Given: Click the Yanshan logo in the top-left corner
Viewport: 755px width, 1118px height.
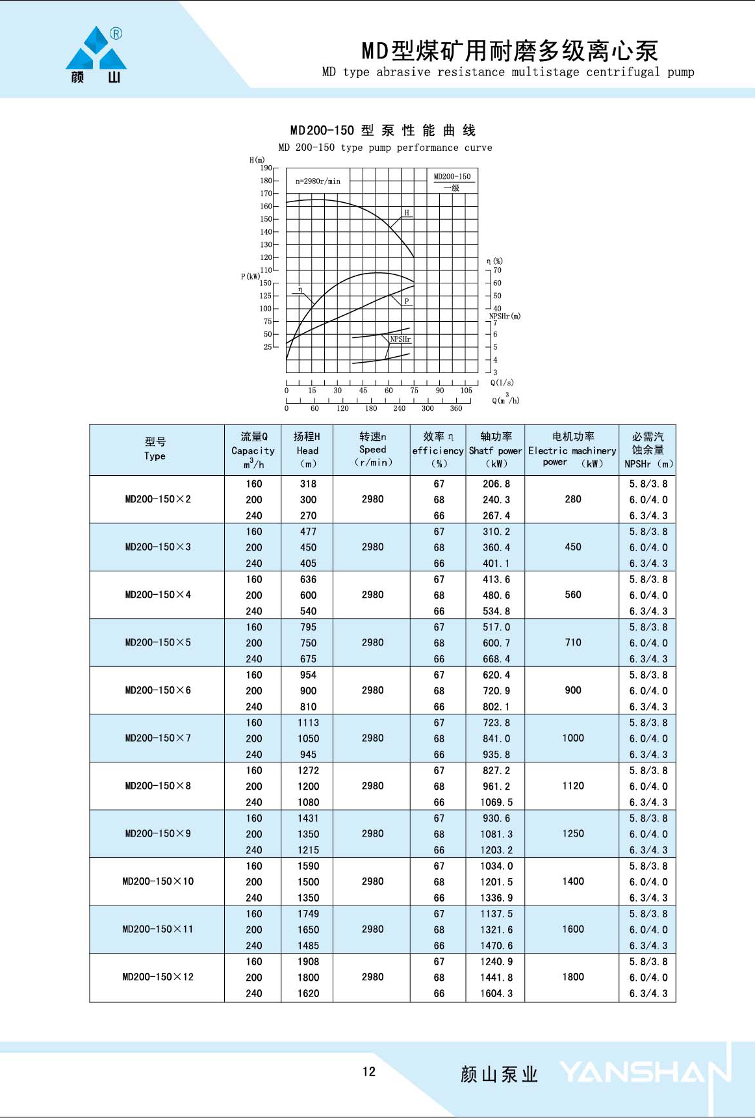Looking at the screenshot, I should pos(96,55).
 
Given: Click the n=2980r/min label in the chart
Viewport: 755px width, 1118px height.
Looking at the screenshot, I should pos(318,181).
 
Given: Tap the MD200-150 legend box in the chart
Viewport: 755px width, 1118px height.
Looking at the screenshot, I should pos(453,181).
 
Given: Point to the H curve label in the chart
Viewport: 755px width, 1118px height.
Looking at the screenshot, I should pos(407,213).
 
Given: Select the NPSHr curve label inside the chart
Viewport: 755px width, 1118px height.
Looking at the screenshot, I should pos(400,339).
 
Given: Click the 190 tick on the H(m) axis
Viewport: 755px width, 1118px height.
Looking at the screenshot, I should pos(266,168).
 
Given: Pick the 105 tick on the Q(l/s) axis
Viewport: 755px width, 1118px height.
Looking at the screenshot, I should pos(466,391).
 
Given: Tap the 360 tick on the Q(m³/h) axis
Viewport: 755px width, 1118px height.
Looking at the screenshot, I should pos(456,408).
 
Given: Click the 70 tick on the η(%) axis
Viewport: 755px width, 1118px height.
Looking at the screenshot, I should pos(497,270).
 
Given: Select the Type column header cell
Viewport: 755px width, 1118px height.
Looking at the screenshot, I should pos(155,449).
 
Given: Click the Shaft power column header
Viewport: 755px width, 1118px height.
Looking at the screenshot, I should pos(496,449).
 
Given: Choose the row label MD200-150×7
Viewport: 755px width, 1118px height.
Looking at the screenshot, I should pos(158,738).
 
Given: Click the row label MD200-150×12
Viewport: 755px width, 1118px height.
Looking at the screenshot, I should pos(158,977).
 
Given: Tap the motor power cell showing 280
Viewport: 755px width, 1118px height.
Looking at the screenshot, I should pos(573,499).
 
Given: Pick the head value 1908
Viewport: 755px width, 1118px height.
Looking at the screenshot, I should pos(308,961).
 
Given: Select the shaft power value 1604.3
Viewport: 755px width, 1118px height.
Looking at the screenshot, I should pos(496,993).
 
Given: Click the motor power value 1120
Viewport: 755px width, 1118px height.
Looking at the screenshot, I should pos(573,786).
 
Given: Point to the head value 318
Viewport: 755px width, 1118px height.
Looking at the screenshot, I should pos(308,484).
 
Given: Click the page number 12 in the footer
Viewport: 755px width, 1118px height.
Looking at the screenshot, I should pos(369,1072).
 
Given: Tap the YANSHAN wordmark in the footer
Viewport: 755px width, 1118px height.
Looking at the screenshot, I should pos(645,1073).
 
